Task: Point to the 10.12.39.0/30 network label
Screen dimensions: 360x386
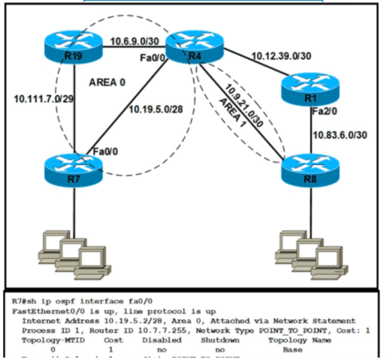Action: pyautogui.click(x=280, y=56)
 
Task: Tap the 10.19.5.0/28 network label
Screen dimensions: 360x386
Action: pyautogui.click(x=155, y=109)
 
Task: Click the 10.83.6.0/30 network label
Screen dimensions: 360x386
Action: pyautogui.click(x=340, y=134)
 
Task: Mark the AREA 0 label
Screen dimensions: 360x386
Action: pyautogui.click(x=107, y=83)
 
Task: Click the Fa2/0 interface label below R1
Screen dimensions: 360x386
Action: pyautogui.click(x=324, y=112)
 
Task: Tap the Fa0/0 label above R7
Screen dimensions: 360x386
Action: pyautogui.click(x=105, y=151)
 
